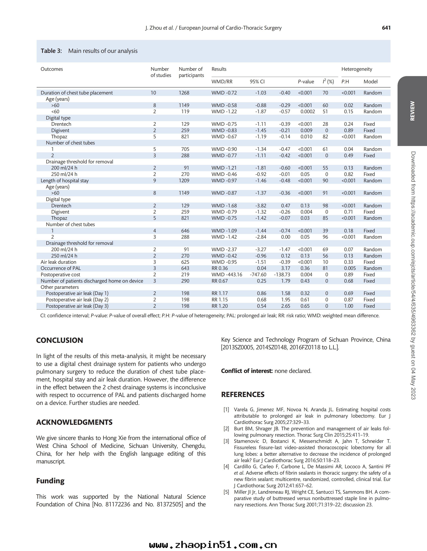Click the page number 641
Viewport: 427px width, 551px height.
coord(386,28)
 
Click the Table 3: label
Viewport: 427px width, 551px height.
coord(51,51)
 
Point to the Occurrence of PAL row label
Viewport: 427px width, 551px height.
coord(61,268)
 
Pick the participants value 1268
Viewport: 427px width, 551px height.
coord(184,93)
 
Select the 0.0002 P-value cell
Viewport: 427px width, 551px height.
coord(307,112)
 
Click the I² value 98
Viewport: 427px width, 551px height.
coord(325,206)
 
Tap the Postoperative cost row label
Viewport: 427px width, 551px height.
coord(60,274)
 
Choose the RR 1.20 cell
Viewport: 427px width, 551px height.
coord(219,306)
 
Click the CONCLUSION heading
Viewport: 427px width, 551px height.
coord(60,340)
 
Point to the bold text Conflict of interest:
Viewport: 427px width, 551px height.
coord(247,371)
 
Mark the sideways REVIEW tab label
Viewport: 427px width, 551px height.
coord(412,111)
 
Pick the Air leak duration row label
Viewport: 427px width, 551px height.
coord(58,262)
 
